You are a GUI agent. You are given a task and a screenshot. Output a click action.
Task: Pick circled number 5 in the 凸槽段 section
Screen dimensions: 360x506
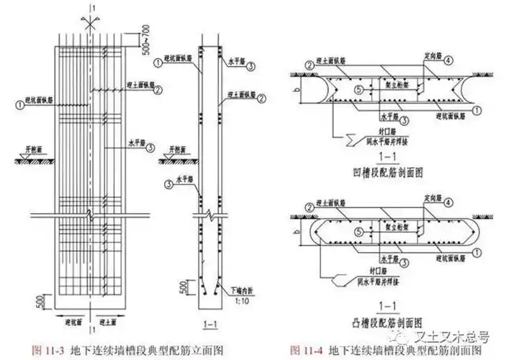point(358,232)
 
